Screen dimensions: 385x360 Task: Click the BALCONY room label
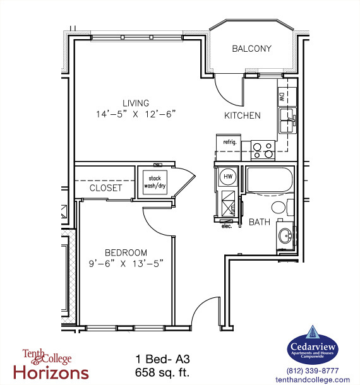tap(251, 49)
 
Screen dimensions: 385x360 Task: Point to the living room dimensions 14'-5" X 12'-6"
tap(135, 114)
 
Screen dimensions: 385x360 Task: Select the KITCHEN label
tap(243, 115)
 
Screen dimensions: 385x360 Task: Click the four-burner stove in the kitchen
tap(263, 150)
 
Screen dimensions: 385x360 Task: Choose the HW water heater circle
tap(229, 177)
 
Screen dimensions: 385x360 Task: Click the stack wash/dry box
tap(153, 182)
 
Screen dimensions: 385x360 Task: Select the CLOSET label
tap(105, 188)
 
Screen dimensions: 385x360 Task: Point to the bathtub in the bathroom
tap(269, 182)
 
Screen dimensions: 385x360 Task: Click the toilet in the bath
tap(280, 208)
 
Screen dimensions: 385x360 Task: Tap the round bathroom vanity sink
tap(285, 236)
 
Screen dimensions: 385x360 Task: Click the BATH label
tap(260, 222)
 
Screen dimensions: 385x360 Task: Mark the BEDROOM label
tap(126, 252)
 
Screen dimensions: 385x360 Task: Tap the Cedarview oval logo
tap(313, 347)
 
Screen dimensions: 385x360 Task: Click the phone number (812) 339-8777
tap(313, 370)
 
